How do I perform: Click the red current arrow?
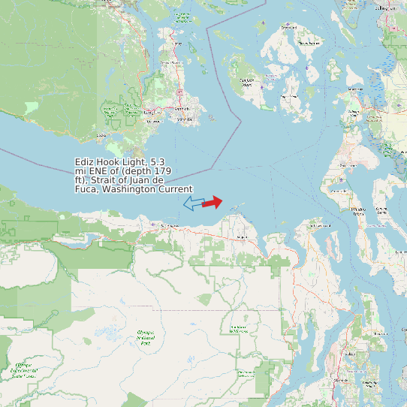213,202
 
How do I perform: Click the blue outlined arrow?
194,203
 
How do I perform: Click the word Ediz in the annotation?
84,162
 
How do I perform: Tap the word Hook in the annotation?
110,162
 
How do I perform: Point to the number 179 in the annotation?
174,171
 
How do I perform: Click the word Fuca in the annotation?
86,189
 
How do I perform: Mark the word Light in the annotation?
134,162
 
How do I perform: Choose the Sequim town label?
242,237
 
